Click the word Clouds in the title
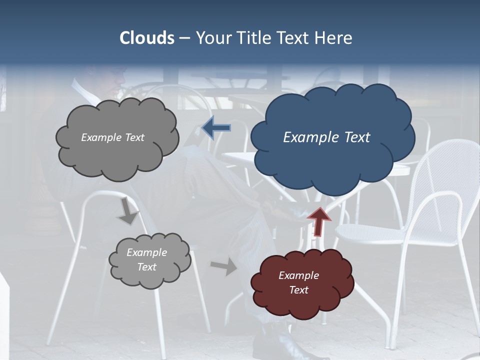[147, 38]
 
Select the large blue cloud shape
[332, 150]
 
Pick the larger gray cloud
[117, 150]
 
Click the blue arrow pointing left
[216, 128]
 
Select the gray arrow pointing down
[128, 211]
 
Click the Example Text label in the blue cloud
[326, 137]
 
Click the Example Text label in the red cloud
[298, 282]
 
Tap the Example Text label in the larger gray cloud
[112, 137]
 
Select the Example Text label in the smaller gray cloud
[146, 259]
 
